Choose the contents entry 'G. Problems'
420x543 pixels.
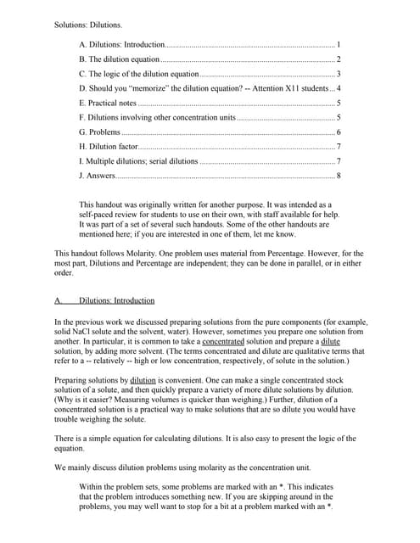click(x=99, y=132)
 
